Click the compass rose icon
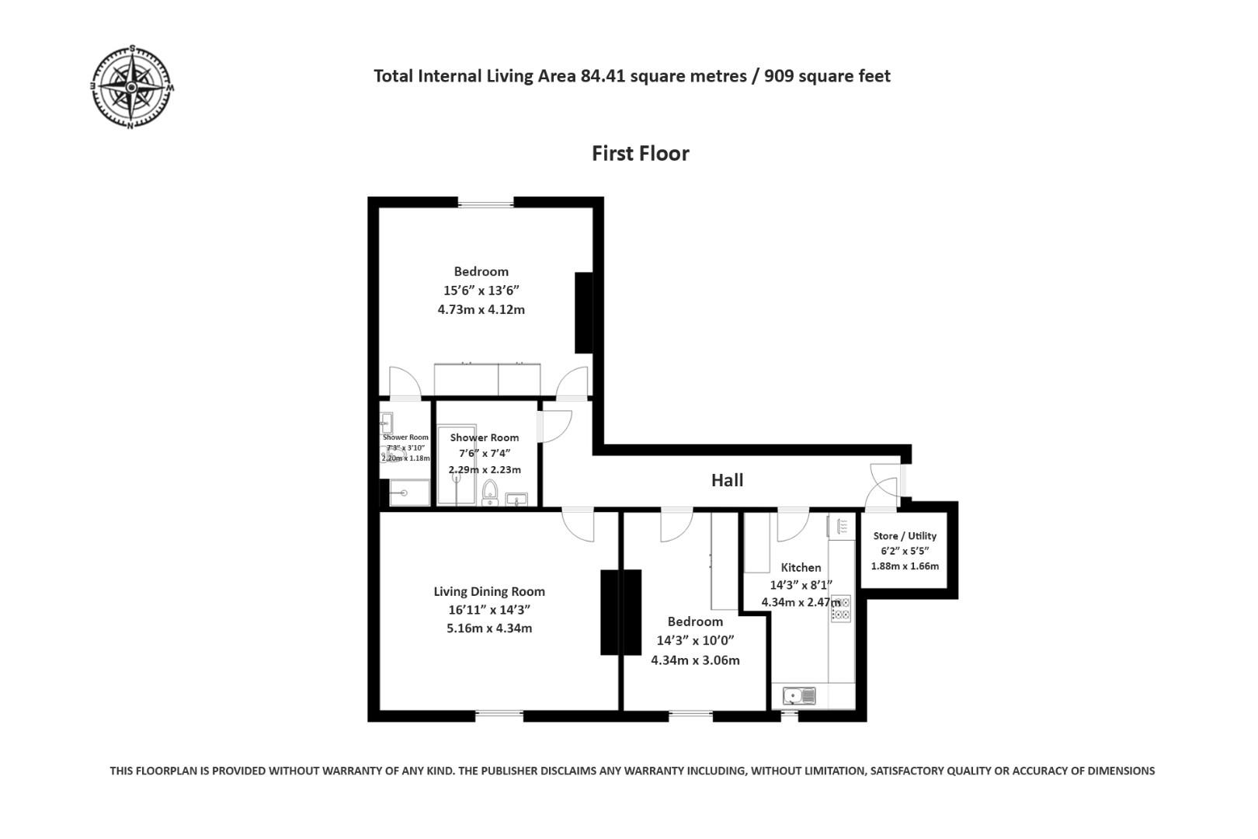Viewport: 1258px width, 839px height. pos(131,86)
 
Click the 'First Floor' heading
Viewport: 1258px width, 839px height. pos(640,154)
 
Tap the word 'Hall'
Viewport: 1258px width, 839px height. pos(727,480)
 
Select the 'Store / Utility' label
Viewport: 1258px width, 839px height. pos(905,536)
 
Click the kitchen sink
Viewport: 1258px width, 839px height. pos(798,695)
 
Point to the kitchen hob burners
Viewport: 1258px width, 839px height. pos(840,608)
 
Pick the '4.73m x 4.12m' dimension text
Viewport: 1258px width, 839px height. pos(481,309)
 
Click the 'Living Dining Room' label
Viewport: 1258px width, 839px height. pos(489,591)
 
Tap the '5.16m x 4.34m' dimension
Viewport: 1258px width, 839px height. pos(489,628)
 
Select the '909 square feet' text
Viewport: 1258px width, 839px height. pos(827,76)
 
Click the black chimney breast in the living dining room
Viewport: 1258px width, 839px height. pos(620,612)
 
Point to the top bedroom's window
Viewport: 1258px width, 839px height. pos(485,204)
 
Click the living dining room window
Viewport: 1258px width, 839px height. pos(499,714)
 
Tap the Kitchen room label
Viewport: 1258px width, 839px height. pos(801,567)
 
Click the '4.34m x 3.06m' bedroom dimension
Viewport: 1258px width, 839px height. pos(695,660)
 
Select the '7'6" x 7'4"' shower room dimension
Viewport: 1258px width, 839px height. pos(485,454)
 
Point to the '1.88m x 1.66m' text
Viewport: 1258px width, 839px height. pos(905,566)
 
